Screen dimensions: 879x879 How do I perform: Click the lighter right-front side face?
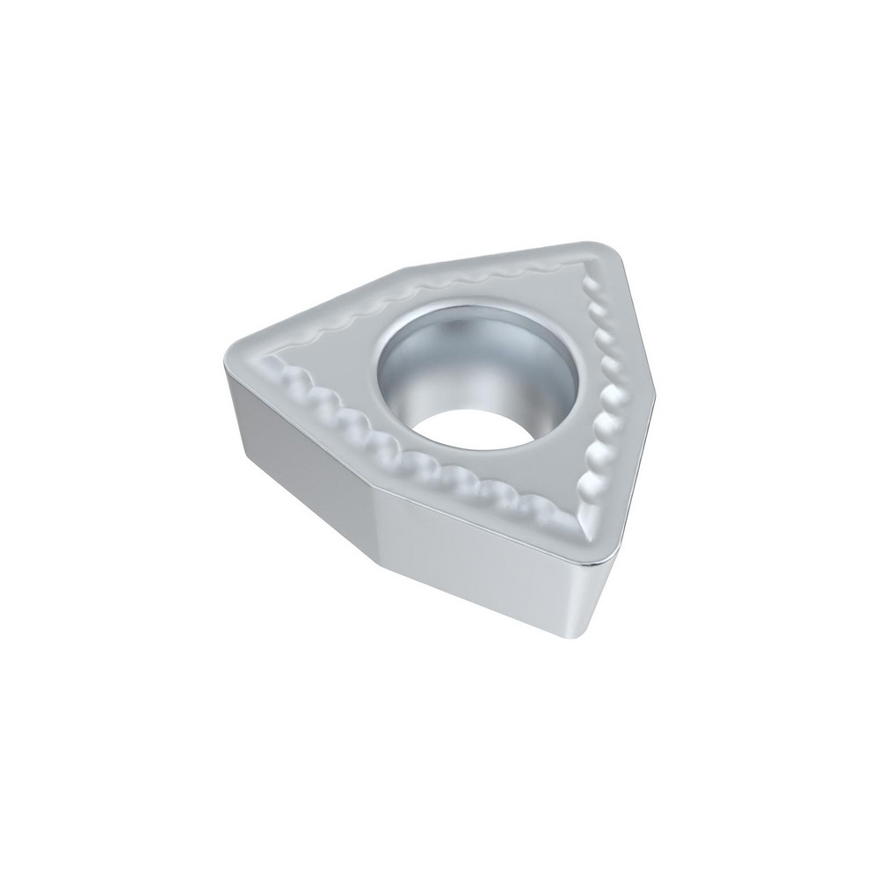pos(483,563)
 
